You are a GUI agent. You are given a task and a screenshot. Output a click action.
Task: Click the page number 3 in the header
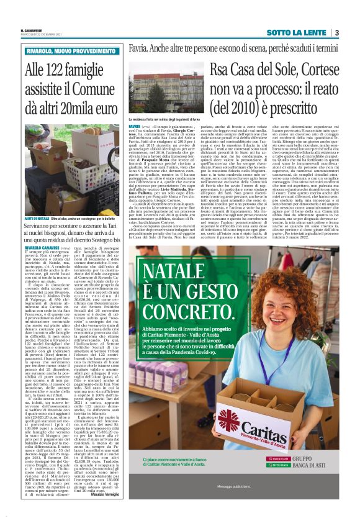[x=336, y=32]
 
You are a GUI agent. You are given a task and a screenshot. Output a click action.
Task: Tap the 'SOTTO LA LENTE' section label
[x=297, y=32]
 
